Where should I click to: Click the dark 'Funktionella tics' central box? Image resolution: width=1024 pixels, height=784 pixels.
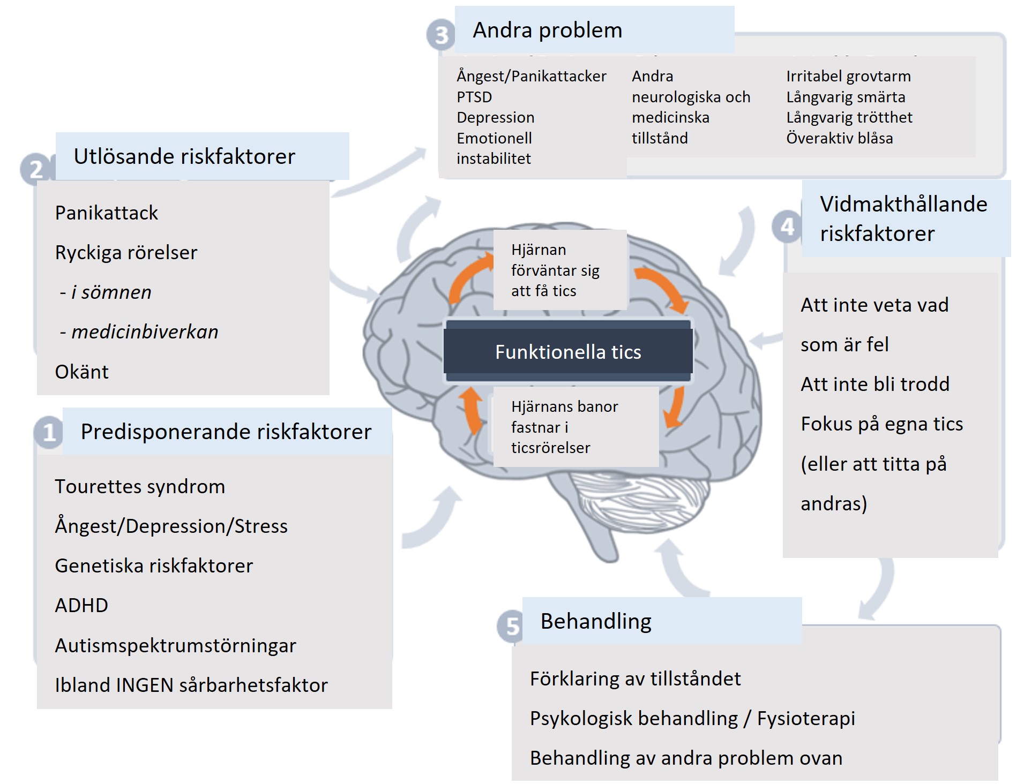point(567,352)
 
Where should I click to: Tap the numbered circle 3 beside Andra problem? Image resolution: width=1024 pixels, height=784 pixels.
point(440,35)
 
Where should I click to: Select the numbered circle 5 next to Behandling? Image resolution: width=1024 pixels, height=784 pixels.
point(512,625)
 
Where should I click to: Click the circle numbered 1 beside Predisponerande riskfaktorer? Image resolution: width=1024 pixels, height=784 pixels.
point(49,432)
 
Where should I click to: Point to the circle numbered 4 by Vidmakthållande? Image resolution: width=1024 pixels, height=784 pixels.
point(787,227)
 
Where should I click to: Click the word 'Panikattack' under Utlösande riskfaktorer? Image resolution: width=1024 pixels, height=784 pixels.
point(106,213)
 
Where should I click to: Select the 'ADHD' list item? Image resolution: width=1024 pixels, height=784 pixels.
point(81,606)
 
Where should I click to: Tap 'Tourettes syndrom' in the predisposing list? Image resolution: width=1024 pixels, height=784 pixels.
point(140,487)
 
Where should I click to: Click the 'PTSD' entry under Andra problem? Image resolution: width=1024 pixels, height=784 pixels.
point(474,97)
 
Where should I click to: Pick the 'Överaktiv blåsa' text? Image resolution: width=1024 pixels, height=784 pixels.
point(839,138)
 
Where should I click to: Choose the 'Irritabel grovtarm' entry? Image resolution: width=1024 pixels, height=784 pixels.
point(848,76)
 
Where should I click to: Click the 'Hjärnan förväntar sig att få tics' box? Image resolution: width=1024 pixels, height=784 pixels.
point(559,270)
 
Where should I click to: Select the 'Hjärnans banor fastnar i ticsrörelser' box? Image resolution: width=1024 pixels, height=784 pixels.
point(575,427)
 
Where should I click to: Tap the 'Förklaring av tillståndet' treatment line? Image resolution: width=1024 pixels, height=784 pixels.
point(635,679)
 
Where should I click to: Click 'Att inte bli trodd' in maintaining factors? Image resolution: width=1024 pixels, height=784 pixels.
point(874,384)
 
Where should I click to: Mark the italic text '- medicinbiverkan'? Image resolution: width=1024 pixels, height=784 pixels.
point(139,332)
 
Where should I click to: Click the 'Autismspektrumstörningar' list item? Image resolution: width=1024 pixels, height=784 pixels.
point(175,646)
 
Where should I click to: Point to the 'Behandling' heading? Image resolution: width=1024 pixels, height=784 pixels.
point(595,621)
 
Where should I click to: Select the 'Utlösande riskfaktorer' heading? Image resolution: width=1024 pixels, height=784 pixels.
point(184,156)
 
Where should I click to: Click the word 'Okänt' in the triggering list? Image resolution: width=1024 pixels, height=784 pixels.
point(81,372)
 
